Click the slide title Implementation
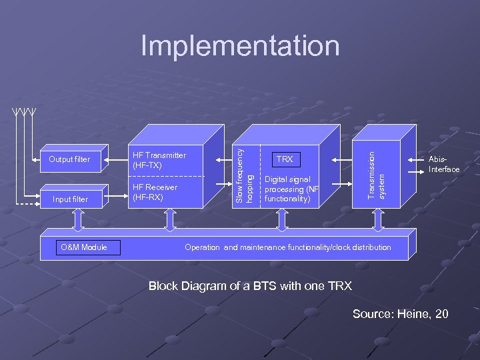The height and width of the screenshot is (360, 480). pos(240,46)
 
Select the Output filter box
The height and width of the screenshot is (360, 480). pos(69,159)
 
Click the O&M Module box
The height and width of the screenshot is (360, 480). pos(83,247)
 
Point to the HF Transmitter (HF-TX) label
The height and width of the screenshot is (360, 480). pos(159,160)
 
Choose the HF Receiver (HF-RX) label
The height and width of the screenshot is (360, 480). pos(155,192)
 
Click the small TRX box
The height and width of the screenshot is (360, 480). pos(285,159)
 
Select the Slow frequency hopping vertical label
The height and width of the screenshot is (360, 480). pos(244,167)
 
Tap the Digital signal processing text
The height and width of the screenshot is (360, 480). pos(292,189)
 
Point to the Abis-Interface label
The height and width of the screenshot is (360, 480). pos(444,164)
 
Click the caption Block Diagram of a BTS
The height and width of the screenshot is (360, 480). pos(249,286)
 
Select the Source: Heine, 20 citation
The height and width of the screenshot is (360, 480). pos(400,313)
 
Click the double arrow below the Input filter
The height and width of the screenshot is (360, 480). pos(77,218)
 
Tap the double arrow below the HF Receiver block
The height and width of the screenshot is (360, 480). pos(169,218)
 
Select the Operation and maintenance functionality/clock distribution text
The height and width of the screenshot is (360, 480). pos(287,247)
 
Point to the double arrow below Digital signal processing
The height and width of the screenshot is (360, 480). pos(282,218)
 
